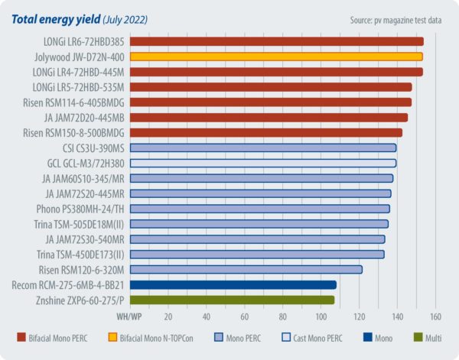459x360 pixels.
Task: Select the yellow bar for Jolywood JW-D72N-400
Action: pos(276,57)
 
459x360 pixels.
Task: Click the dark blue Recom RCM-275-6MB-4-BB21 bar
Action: pos(233,285)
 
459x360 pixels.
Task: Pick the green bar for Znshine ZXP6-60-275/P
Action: pos(232,300)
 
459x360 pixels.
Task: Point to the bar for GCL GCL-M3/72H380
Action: pos(263,163)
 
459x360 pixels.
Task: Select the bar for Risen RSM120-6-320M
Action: pos(246,269)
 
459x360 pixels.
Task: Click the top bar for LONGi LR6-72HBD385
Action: pos(276,41)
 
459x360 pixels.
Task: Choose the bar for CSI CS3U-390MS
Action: pos(263,148)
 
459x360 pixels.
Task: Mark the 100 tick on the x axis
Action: pos(321,315)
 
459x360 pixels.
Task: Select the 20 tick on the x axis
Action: pos(168,315)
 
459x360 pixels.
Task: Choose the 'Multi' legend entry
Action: pos(438,337)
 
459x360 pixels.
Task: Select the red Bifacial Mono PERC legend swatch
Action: pos(21,337)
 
